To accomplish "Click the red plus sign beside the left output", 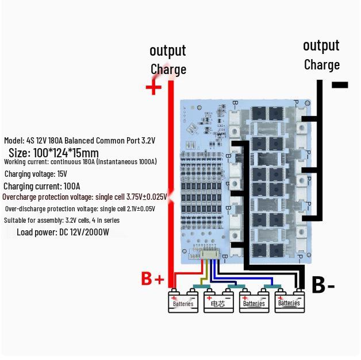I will [153, 88].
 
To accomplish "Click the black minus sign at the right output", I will [340, 85].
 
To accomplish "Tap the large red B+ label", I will [153, 279].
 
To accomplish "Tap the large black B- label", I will [323, 284].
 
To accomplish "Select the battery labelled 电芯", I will [218, 303].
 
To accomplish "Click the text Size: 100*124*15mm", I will [53, 153].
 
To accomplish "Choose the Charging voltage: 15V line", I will [36, 174].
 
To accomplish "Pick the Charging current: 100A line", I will [41, 186].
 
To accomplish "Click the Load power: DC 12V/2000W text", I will [63, 232].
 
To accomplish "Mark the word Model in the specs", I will [14, 141].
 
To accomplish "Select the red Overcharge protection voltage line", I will [85, 197].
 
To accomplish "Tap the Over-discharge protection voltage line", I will [79, 209].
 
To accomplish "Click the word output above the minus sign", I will [321, 45].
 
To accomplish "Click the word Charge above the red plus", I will [168, 69].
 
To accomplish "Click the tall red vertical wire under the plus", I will [171, 172].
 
